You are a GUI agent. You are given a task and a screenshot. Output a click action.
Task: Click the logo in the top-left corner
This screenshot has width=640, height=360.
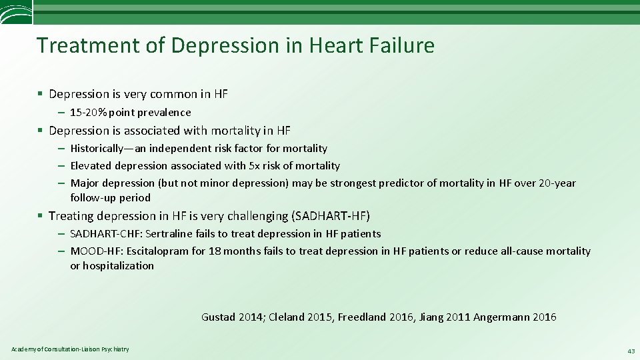point(15,12)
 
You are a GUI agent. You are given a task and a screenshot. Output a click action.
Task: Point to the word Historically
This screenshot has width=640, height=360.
point(101,148)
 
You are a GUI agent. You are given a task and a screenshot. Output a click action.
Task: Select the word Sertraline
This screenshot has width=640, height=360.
point(169,233)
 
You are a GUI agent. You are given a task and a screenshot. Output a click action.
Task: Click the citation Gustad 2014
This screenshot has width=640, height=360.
point(232,317)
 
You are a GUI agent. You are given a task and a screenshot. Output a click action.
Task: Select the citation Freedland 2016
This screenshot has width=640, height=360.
point(376,317)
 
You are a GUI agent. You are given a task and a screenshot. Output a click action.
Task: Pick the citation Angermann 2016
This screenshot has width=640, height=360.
point(515,317)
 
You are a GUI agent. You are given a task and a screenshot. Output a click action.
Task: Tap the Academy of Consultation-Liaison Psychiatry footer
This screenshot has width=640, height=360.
point(70,349)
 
